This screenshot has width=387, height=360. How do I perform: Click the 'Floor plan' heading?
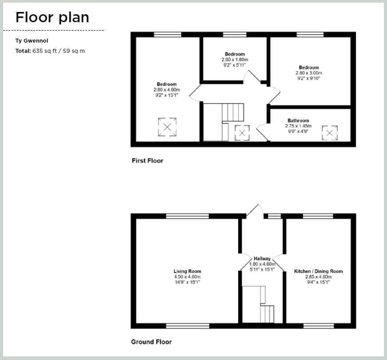(52, 17)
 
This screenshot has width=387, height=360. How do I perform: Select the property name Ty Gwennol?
(32, 41)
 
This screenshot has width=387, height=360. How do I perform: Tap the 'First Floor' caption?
(148, 161)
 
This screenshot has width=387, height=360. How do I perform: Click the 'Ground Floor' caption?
(151, 342)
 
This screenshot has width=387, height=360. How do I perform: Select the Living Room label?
(187, 271)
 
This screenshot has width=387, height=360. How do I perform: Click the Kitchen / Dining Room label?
(318, 271)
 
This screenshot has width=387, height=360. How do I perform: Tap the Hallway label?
(262, 258)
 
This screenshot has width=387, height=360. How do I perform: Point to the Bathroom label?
(298, 121)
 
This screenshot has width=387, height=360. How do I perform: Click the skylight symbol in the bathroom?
(330, 133)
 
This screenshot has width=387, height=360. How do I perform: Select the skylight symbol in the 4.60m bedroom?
(167, 127)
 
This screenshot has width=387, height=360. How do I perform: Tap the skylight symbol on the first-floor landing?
(242, 133)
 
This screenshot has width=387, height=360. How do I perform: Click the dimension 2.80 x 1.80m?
(235, 59)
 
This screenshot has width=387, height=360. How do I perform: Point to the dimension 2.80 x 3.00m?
(309, 73)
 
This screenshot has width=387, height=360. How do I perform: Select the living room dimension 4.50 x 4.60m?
(187, 277)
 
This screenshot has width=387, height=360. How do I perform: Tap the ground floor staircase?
(258, 305)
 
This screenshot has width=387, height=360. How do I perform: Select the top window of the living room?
(187, 216)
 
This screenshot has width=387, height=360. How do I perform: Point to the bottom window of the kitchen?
(318, 326)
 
